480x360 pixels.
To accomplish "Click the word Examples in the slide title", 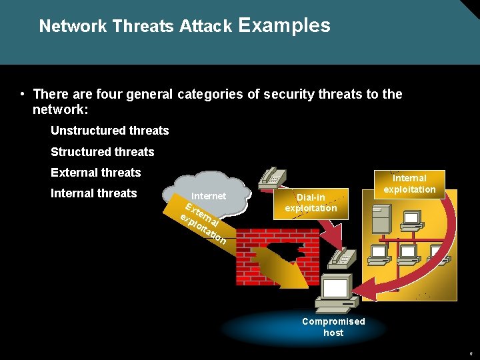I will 283,25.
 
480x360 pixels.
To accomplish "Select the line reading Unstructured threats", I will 110,131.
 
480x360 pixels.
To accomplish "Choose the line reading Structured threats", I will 103,152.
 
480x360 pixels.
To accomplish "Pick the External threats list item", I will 96,173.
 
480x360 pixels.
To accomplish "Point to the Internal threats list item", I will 94,193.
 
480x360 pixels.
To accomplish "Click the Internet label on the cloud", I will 209,196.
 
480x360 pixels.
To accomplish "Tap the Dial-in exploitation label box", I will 311,203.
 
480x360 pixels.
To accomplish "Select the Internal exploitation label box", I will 409,184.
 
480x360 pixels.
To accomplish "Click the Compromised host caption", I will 333,327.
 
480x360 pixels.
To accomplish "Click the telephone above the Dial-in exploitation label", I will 272,176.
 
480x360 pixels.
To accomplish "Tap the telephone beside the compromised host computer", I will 342,255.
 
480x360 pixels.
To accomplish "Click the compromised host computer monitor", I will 335,288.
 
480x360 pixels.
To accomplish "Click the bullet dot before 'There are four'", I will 23,94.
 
